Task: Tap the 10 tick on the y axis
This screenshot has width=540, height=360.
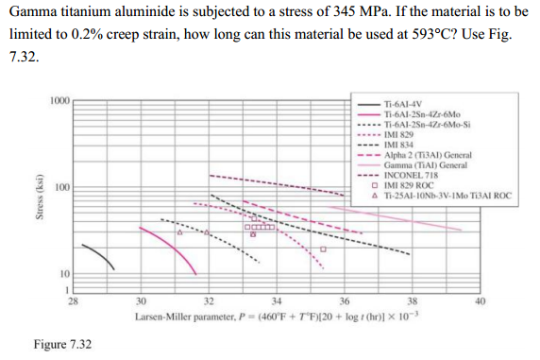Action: tap(63, 273)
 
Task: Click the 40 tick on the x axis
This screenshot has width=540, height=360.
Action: tap(480, 301)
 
